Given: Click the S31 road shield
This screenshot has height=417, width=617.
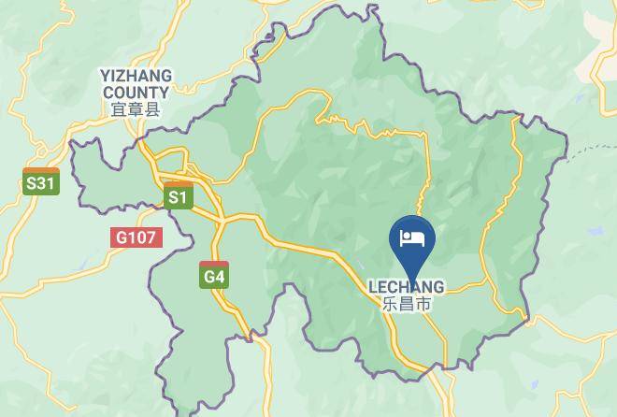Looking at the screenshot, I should [41, 182].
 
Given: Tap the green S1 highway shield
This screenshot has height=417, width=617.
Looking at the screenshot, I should [178, 196].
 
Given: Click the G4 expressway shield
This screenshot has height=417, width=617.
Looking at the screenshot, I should [214, 275].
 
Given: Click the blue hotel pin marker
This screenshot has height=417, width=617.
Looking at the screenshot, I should [411, 239].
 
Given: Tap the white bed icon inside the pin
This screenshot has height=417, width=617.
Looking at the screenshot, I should [411, 237].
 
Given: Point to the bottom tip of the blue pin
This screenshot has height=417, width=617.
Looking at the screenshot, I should [411, 272].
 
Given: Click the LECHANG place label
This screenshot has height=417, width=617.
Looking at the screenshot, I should [406, 287].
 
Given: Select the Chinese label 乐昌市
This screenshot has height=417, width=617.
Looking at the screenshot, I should [406, 304].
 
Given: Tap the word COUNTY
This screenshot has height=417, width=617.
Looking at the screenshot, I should [136, 93].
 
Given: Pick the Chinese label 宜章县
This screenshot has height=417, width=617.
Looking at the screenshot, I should [136, 109].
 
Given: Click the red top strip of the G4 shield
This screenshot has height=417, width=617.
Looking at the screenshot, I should [214, 265].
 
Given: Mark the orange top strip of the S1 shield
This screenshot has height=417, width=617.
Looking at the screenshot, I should [178, 186].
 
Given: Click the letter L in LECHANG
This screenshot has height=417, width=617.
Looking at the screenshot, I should [373, 287].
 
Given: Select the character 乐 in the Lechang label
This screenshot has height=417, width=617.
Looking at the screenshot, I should [390, 304].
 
